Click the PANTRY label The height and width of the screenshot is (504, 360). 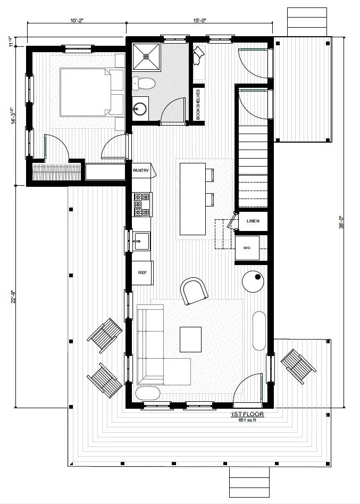[141, 171]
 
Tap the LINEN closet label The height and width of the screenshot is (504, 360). [252, 221]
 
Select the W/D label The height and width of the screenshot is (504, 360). [247, 248]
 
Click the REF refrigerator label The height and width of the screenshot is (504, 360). [142, 272]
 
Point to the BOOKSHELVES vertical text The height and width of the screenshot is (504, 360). [198, 104]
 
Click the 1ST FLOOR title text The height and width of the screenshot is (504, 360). [247, 414]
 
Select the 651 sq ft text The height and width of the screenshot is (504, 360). [247, 420]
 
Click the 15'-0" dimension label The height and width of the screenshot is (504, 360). [199, 20]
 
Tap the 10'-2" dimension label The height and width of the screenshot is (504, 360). [76, 20]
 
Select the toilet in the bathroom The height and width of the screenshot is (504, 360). [143, 83]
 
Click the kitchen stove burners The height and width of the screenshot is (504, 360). [142, 204]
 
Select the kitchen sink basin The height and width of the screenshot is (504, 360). [141, 241]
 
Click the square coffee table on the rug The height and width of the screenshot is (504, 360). [190, 339]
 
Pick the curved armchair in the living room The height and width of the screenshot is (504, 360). [195, 291]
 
